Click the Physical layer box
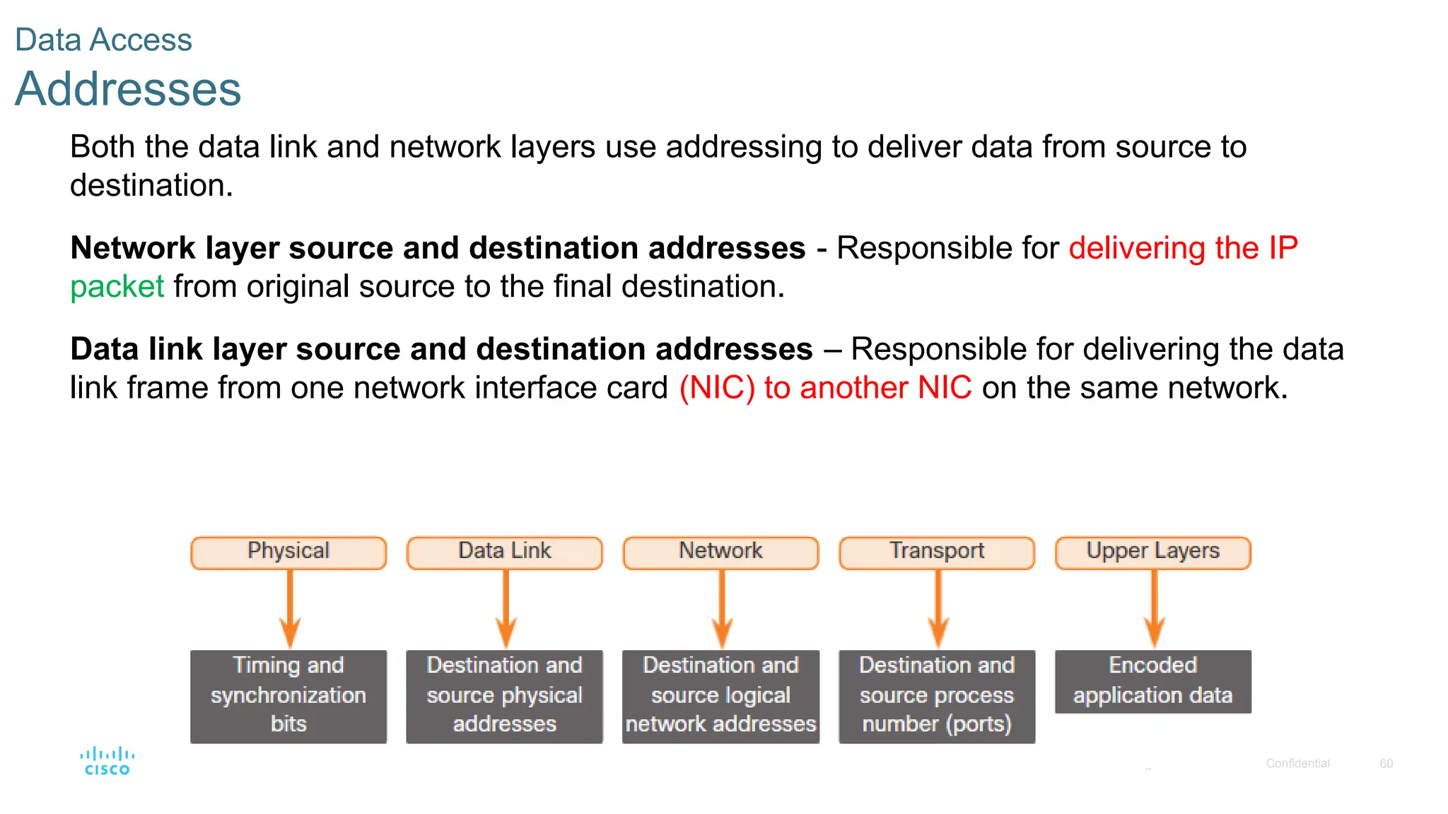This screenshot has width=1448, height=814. click(288, 553)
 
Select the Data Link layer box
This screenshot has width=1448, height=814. click(505, 553)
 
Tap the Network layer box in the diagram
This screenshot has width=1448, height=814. click(720, 553)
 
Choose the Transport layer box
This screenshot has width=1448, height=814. click(937, 553)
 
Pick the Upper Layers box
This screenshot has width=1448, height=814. click(1153, 553)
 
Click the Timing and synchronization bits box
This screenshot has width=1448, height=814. click(288, 696)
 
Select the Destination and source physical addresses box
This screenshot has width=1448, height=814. click(505, 696)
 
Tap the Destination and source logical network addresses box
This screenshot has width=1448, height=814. click(720, 696)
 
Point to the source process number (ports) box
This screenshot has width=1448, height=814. click(937, 696)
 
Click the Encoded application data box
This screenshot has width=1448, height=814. click(1153, 681)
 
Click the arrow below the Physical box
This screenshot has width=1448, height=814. click(290, 608)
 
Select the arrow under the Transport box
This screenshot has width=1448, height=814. click(938, 608)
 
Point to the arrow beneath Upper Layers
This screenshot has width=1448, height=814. click(1155, 608)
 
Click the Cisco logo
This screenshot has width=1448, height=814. click(107, 761)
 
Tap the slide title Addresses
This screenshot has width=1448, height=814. click(128, 89)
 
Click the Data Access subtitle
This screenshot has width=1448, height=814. click(103, 40)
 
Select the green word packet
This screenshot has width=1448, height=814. click(117, 287)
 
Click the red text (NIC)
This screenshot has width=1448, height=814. click(717, 388)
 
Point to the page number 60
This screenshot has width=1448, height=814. click(1386, 763)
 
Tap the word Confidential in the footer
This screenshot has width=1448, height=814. click(1297, 763)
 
